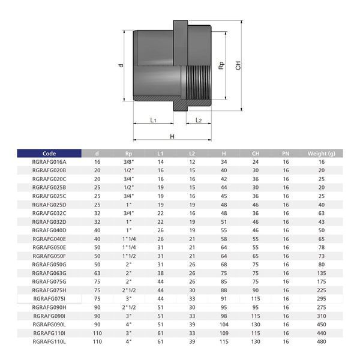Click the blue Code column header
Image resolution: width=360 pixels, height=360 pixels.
[x=49, y=154]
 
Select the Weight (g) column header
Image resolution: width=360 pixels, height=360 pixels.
[x=322, y=154]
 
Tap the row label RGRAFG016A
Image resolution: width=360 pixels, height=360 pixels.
[x=49, y=162]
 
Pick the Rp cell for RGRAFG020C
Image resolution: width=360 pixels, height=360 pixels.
[x=128, y=179]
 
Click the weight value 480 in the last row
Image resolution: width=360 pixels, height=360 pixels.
[x=322, y=341]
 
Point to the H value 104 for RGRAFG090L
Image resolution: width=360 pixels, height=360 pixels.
[x=224, y=325]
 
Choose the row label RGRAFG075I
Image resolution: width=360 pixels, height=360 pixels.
[x=49, y=299]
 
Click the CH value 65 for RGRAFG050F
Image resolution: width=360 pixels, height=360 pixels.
[x=256, y=256]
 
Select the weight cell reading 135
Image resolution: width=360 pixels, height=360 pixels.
[x=322, y=273]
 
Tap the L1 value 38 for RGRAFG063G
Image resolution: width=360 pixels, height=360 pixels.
[x=160, y=273]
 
